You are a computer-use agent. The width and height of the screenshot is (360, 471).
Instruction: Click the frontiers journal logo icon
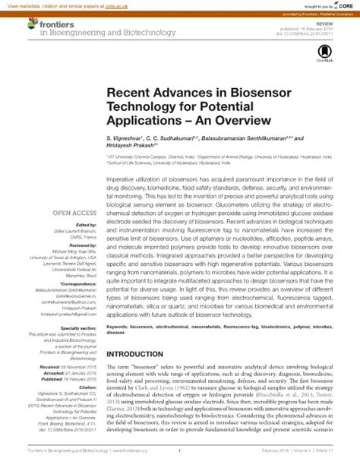(x=33, y=24)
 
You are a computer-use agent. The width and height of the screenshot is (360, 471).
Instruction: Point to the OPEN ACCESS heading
(x=74, y=213)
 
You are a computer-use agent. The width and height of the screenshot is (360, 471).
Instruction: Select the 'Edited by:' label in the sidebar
(x=87, y=225)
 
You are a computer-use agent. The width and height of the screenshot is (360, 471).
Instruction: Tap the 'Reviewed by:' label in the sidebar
(x=83, y=246)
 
